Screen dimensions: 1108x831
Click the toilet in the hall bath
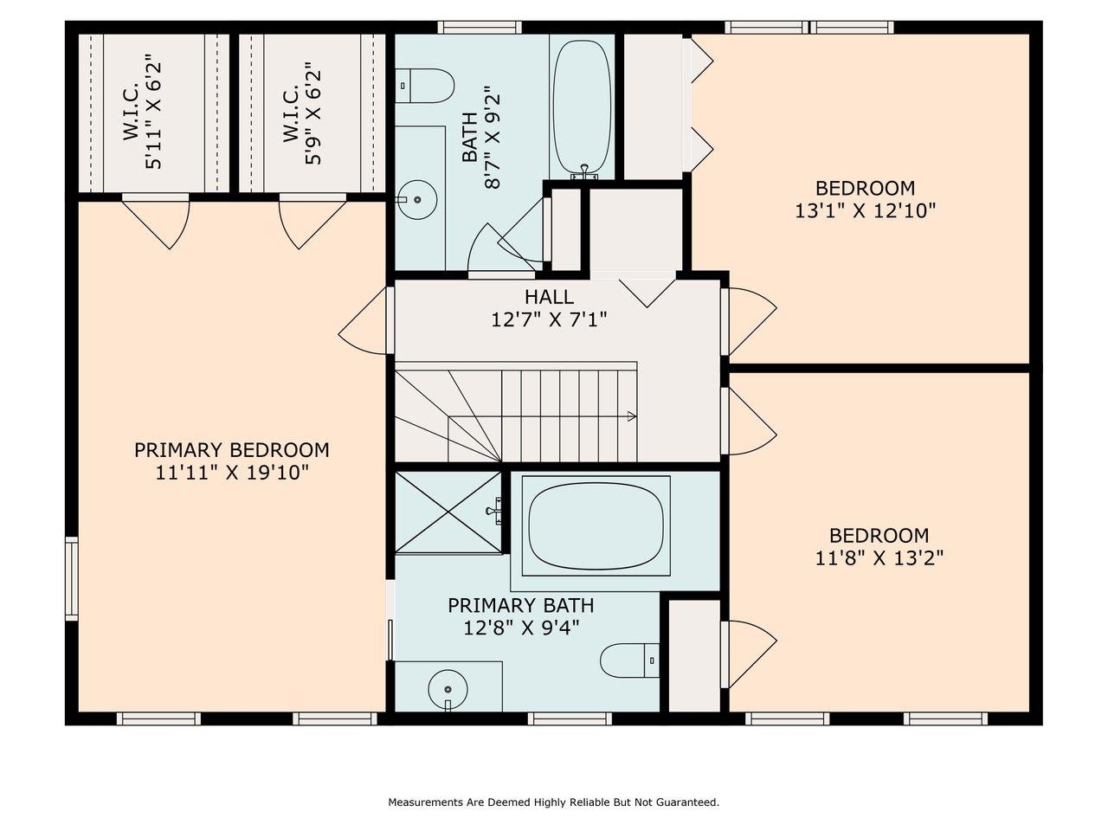coord(424,86)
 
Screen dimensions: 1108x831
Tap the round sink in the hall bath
coord(417,200)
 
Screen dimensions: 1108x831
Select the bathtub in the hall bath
coord(582,109)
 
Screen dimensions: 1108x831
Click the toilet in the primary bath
coord(629,660)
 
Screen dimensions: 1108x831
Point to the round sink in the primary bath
coord(448,689)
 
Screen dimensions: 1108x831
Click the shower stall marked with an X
coord(448,512)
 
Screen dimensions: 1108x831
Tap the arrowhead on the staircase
coord(632,416)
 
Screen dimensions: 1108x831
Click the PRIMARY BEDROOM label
coord(232,450)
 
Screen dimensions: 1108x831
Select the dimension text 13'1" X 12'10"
coord(866,210)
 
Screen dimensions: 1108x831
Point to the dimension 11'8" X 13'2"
coord(879,558)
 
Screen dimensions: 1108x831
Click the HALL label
coord(549,297)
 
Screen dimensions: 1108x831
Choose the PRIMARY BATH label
coord(521,605)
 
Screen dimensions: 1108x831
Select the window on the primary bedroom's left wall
coord(72,579)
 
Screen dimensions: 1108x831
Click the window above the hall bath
coord(479,27)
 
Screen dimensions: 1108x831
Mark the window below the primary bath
coord(570,718)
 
